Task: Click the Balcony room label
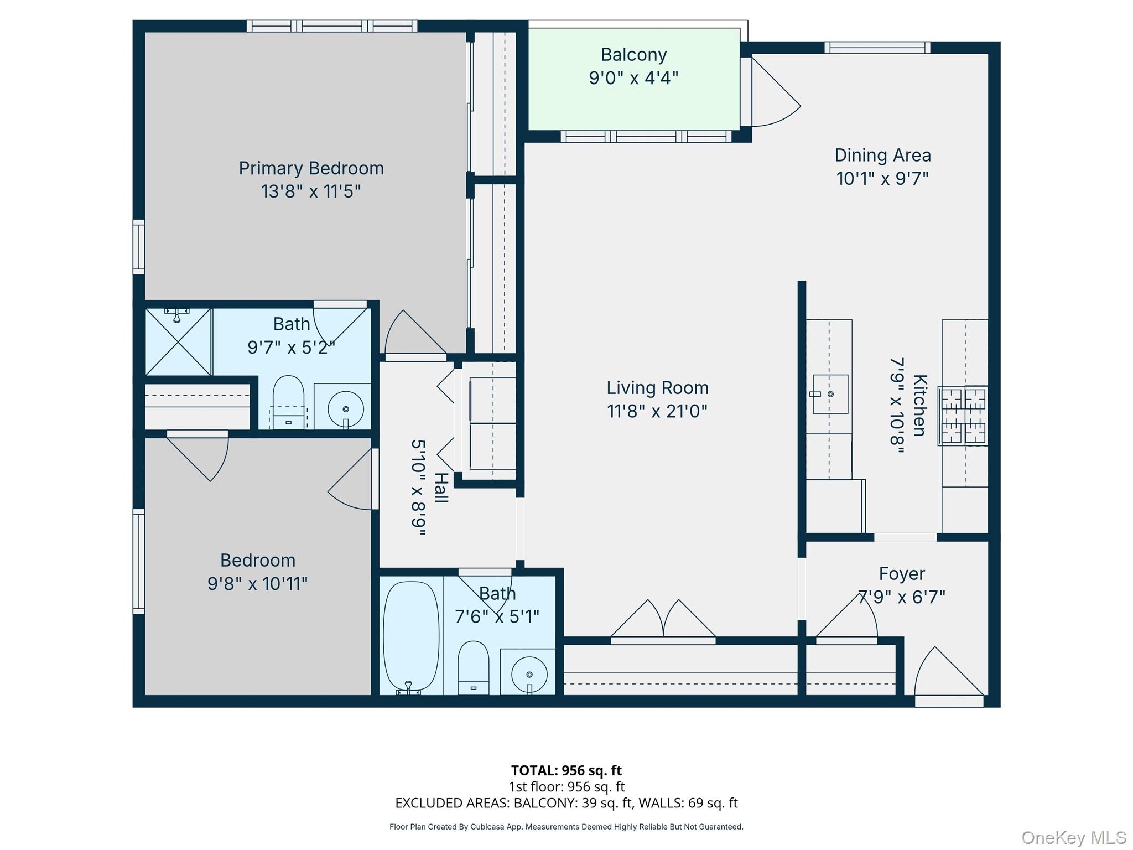(633, 55)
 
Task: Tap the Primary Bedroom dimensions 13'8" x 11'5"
(311, 191)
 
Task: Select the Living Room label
(657, 388)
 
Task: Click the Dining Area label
(882, 156)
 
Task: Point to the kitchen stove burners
(963, 416)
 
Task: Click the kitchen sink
(830, 394)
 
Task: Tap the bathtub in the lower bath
(411, 636)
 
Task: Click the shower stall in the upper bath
(178, 342)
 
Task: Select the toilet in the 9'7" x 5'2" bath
(288, 401)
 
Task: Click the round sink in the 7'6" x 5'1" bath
(529, 674)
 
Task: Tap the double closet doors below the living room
(663, 623)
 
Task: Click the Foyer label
(902, 574)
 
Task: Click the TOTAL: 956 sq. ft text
(566, 770)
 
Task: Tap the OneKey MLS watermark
(1073, 838)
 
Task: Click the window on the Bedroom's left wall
(138, 561)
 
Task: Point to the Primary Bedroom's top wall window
(332, 26)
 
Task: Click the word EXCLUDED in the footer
(429, 803)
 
